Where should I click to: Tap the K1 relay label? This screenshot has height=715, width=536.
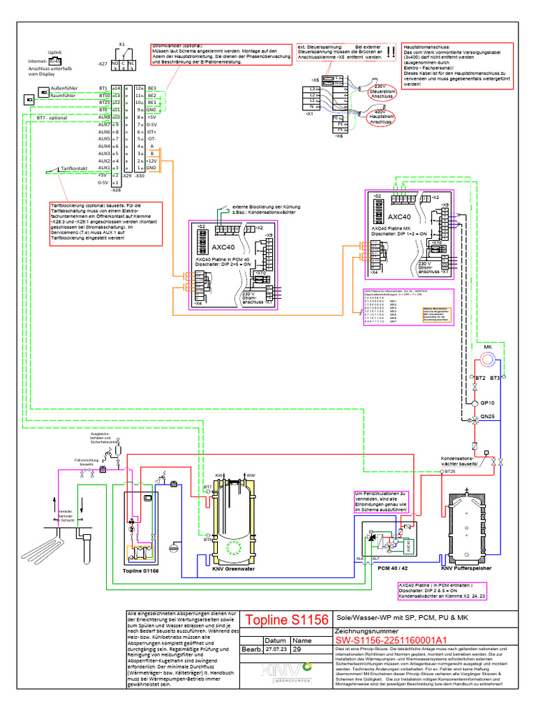pyautogui.click(x=121, y=43)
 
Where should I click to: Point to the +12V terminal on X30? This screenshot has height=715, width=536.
pyautogui.click(x=152, y=161)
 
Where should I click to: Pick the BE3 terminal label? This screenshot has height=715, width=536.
pyautogui.click(x=152, y=88)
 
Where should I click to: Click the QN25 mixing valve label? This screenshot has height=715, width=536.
pyautogui.click(x=489, y=417)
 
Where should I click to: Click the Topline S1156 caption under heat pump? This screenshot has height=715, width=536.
pyautogui.click(x=140, y=570)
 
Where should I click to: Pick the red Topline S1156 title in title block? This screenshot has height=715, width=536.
pyautogui.click(x=286, y=620)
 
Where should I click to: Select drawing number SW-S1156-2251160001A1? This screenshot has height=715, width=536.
pyautogui.click(x=381, y=640)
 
